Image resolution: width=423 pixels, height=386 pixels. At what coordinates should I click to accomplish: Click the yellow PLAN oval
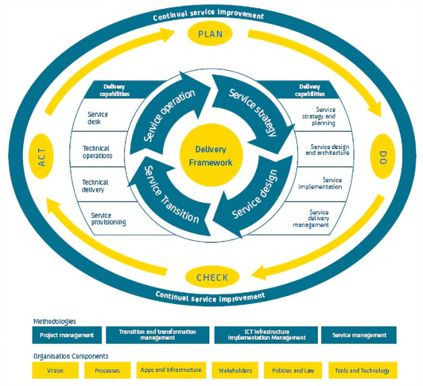tap(210, 34)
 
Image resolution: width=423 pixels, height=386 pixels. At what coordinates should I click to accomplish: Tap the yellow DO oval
tap(383, 156)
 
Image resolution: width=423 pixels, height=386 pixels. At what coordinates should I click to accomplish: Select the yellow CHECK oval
tap(212, 278)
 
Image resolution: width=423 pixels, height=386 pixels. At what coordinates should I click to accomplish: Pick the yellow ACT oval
tap(42, 156)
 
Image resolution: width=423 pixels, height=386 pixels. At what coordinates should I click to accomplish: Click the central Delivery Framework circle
tap(211, 155)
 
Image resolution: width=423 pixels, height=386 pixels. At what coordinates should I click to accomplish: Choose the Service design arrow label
tap(255, 196)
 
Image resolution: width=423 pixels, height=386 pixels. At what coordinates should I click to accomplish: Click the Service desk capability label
tap(97, 118)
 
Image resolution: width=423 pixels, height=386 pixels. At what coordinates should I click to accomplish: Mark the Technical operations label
tap(97, 152)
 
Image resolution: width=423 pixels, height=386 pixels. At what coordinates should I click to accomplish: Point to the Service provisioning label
tap(108, 219)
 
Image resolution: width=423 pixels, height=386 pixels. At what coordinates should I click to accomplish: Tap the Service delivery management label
tap(318, 218)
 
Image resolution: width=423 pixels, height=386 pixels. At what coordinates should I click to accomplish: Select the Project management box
tap(67, 335)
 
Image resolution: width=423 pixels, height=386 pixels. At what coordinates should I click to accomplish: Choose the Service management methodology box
tap(359, 335)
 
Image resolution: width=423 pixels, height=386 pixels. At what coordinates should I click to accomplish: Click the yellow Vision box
tap(55, 371)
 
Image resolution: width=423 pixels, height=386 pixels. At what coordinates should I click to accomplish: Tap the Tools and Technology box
tap(362, 371)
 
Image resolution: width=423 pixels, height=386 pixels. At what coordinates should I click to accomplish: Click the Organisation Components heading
tap(70, 356)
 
